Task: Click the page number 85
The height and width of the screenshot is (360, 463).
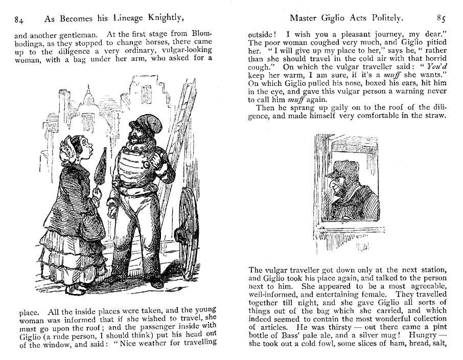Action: (441, 18)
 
